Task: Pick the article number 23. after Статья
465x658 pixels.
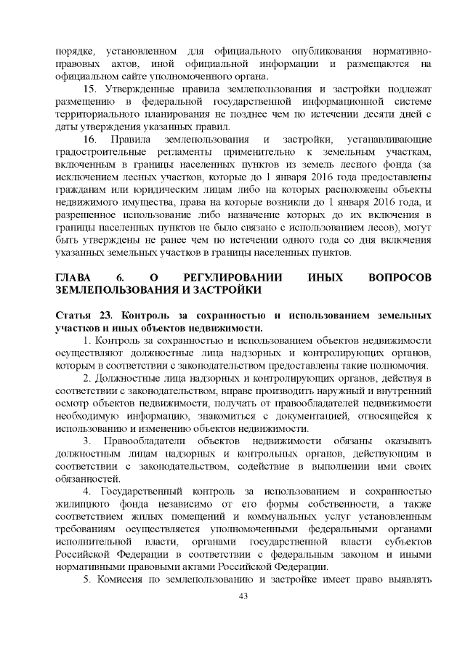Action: click(108, 316)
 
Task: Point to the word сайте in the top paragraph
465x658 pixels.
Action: click(141, 76)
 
